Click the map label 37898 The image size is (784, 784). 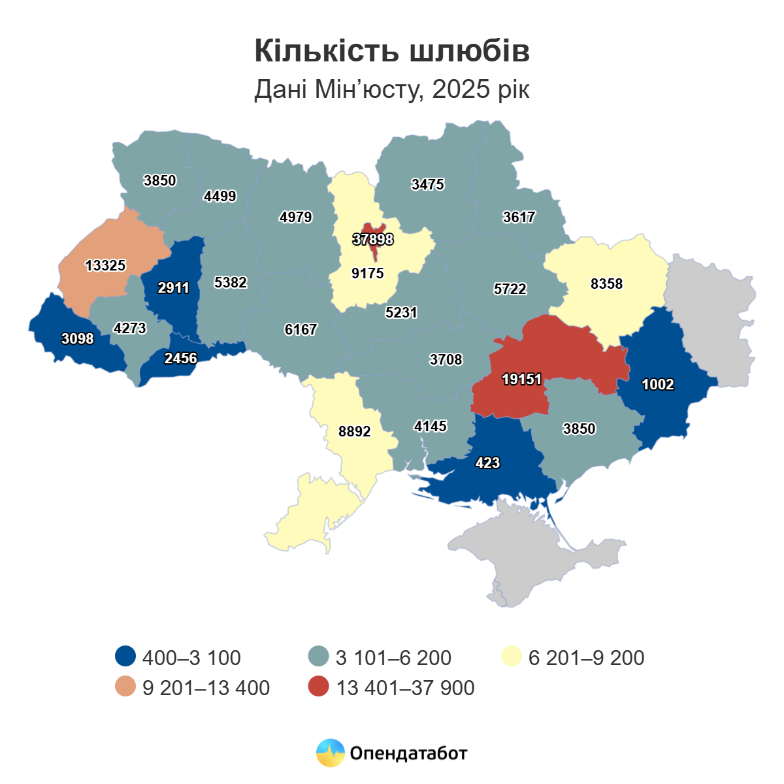point(373,239)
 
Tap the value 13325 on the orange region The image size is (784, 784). point(105,265)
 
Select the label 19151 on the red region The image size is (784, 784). point(521,379)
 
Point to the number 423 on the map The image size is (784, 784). point(487,463)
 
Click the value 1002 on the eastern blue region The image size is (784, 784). point(657,384)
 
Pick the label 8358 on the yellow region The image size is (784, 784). point(606,284)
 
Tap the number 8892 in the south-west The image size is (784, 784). point(355,431)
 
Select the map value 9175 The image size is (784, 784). point(368,273)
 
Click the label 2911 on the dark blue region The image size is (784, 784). point(174,287)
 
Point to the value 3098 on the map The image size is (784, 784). point(77,338)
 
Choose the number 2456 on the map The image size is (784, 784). point(180,358)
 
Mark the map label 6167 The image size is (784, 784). point(301,329)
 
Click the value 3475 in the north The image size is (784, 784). point(428,184)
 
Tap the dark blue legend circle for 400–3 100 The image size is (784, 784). point(125,657)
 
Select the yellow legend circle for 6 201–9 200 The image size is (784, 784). point(511,657)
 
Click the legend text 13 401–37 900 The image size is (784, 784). point(405,688)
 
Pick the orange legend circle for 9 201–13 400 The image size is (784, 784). point(125,687)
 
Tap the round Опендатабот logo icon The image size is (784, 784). point(330,753)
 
